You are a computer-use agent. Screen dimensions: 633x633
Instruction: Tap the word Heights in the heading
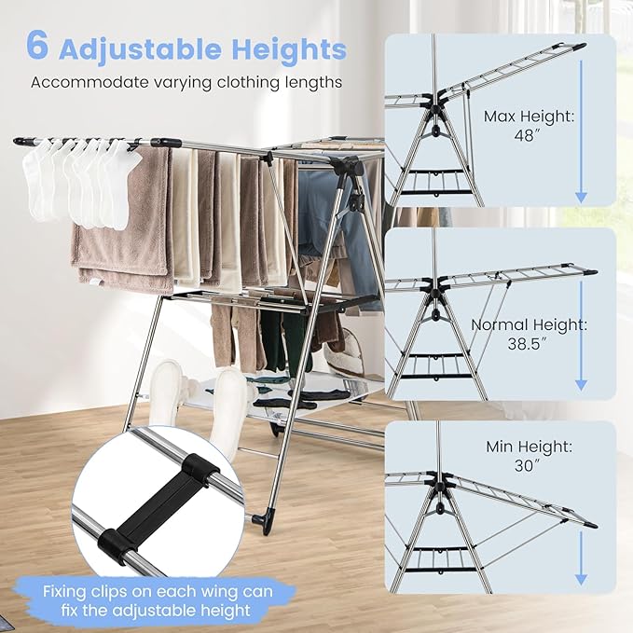coord(288,48)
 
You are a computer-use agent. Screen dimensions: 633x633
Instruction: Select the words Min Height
coord(527,447)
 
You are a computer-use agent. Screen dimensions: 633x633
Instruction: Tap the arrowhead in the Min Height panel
coord(581,579)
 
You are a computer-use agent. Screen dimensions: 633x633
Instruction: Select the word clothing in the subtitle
coord(246,82)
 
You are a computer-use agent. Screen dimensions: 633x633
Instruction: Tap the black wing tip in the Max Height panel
coord(580,45)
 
